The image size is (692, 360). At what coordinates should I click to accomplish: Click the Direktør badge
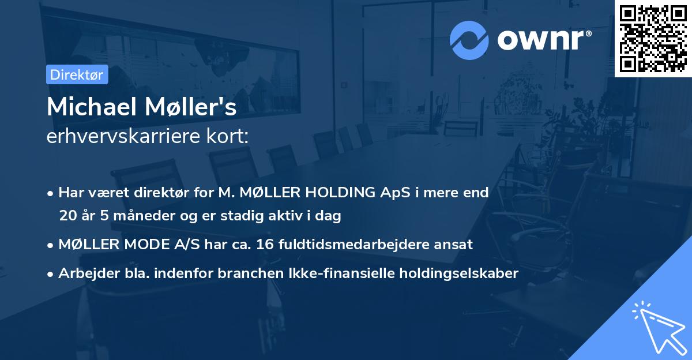point(77,74)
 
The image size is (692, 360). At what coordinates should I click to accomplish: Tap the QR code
point(653,38)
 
